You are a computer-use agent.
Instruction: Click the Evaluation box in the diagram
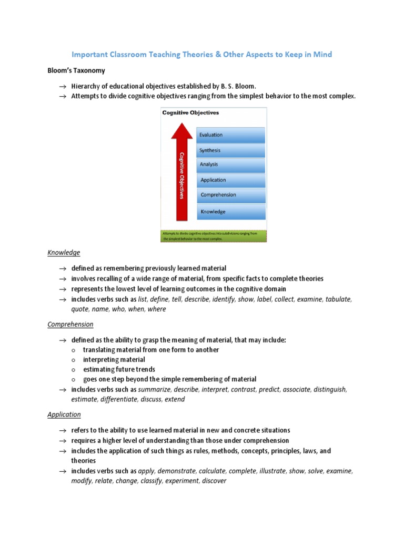230,135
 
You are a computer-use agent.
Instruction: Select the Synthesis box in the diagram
230,150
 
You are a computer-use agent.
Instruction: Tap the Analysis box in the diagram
230,164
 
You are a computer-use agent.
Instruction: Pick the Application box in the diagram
230,180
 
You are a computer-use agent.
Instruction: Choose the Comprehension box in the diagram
230,195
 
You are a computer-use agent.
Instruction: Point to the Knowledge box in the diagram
230,212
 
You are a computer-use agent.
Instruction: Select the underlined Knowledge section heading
64,253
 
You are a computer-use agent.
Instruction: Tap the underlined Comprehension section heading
70,324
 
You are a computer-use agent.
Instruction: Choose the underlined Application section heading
64,415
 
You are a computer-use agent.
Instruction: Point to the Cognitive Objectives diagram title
190,112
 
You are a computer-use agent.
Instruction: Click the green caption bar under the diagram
214,235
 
